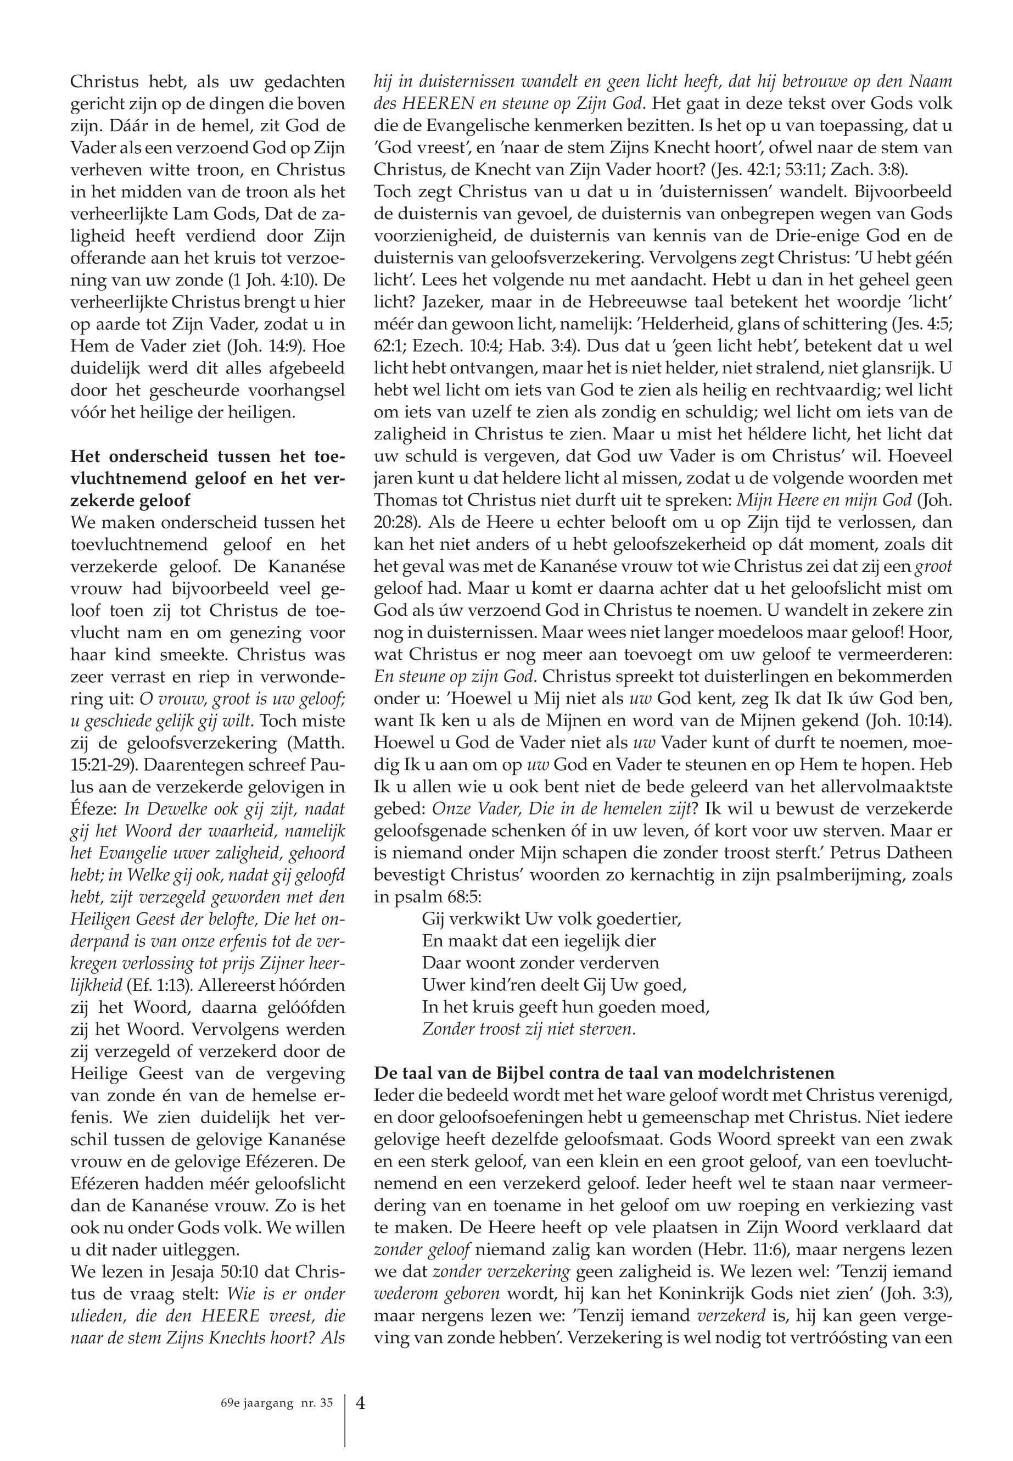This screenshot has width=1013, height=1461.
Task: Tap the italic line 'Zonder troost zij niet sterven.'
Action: click(529, 1029)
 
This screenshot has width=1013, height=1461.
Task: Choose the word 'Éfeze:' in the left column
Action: click(94, 810)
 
